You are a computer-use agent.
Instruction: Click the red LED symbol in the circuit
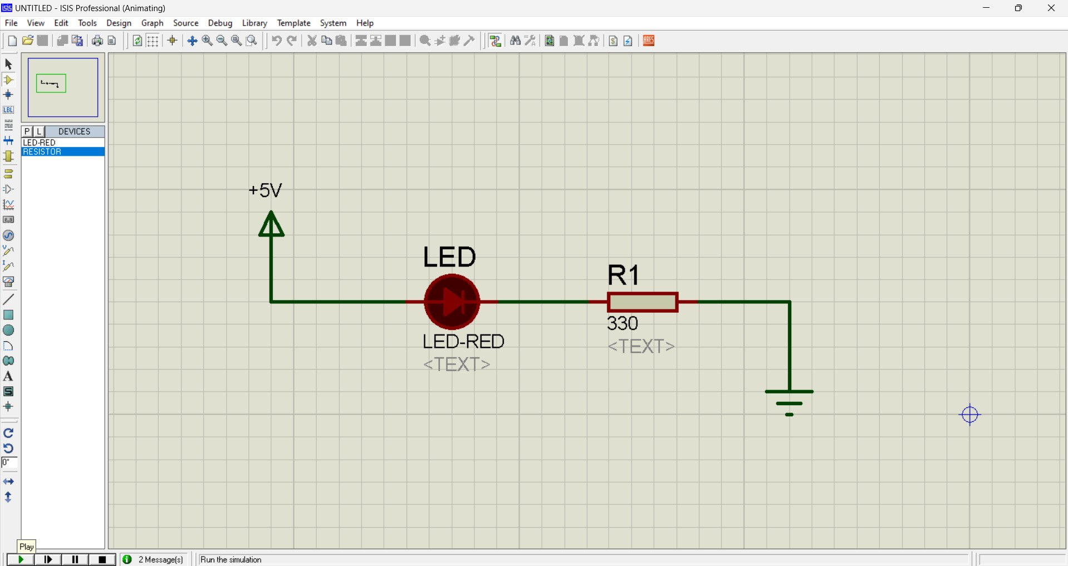pos(452,302)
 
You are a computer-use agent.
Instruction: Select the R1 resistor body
pos(643,302)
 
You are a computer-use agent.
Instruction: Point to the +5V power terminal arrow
pos(271,225)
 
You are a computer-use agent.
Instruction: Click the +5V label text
pos(266,190)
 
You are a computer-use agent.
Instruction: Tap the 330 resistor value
pos(623,323)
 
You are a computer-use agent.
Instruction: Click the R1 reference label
pos(624,275)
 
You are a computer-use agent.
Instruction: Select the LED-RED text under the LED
pos(463,341)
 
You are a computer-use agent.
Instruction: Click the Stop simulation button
pos(102,559)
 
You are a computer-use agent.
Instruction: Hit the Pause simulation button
pos(75,559)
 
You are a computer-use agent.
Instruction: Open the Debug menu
pos(220,23)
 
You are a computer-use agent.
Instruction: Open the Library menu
pos(254,23)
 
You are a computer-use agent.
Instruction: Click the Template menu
pos(293,23)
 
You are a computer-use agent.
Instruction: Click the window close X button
pos(1051,8)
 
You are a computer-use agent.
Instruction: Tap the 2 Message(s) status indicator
pos(154,559)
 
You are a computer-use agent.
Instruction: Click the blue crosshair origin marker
pos(969,415)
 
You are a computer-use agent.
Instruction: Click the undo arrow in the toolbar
pos(276,41)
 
